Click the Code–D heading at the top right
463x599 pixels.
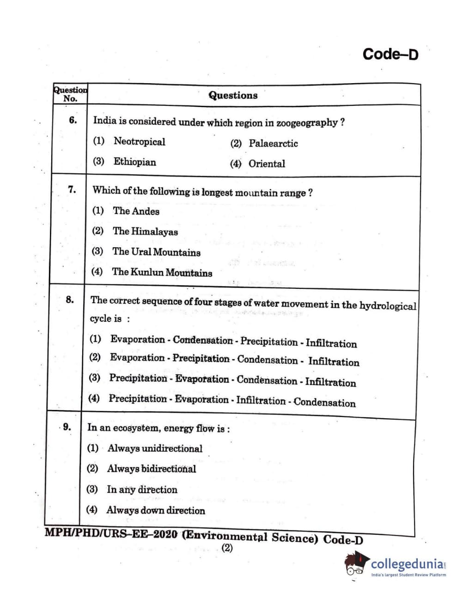click(x=390, y=54)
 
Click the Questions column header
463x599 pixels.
click(x=233, y=95)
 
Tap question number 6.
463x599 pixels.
click(x=73, y=120)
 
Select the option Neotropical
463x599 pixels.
click(x=139, y=141)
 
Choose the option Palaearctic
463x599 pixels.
click(x=273, y=143)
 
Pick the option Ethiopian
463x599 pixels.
click(x=134, y=162)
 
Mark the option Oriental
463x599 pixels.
click(x=267, y=164)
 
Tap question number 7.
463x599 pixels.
click(x=72, y=189)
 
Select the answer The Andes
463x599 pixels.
click(x=136, y=211)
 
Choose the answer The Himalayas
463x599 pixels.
click(x=145, y=232)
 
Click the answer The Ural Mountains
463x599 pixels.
click(x=156, y=252)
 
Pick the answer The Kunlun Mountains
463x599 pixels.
click(x=162, y=272)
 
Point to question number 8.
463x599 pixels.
click(x=70, y=299)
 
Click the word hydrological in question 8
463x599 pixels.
click(x=388, y=306)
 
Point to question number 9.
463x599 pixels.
click(x=67, y=427)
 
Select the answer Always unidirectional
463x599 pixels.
click(x=155, y=448)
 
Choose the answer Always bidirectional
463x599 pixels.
click(x=152, y=469)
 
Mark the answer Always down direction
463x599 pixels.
click(x=156, y=510)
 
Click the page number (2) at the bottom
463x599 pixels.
click(x=227, y=548)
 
